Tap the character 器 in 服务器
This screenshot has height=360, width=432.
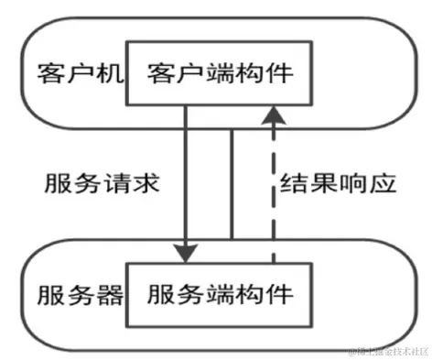[107, 295]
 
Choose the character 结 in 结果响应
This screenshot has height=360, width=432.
[293, 183]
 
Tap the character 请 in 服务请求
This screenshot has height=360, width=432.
[116, 183]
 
